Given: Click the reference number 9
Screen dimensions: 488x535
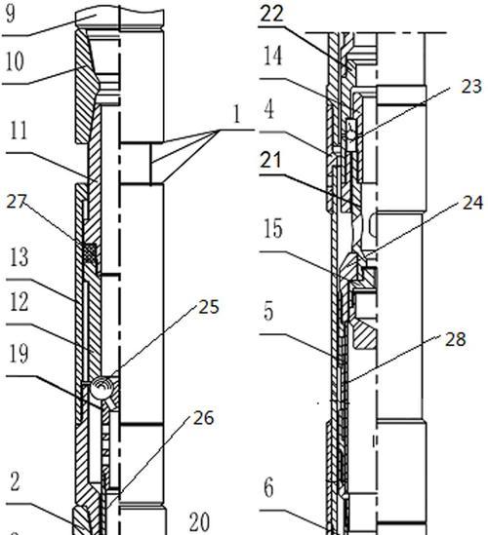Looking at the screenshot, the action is [x=11, y=14].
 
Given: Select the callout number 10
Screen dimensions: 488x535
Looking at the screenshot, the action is [x=15, y=61].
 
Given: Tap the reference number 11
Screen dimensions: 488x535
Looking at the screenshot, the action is [x=19, y=130].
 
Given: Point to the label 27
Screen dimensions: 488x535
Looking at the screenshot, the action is [x=16, y=202].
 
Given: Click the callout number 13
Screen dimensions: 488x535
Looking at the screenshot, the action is [x=20, y=257].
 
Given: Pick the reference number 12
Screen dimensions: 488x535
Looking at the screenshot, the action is [x=20, y=302].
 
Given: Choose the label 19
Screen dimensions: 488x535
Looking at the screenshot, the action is [x=20, y=353].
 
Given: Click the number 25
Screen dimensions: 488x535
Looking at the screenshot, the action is [x=209, y=307].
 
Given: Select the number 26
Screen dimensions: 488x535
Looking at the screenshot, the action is [x=204, y=418].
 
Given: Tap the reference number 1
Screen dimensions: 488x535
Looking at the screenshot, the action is [x=237, y=114].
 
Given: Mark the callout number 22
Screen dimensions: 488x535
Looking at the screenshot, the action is [x=272, y=15].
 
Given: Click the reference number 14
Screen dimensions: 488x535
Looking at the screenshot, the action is [x=273, y=56].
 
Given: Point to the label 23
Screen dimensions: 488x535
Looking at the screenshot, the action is [x=471, y=87].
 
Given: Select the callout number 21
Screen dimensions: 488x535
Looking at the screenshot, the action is [x=270, y=160].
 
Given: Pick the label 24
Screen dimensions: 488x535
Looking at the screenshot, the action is [x=473, y=203].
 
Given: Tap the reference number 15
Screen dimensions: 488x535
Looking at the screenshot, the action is [x=273, y=228].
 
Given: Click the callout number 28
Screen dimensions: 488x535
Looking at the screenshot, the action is [x=455, y=339].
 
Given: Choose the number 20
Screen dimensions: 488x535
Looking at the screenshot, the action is [x=199, y=522].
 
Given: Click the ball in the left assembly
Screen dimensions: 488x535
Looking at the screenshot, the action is [x=100, y=388].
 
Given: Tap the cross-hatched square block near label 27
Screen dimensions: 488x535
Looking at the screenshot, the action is [x=90, y=253].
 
